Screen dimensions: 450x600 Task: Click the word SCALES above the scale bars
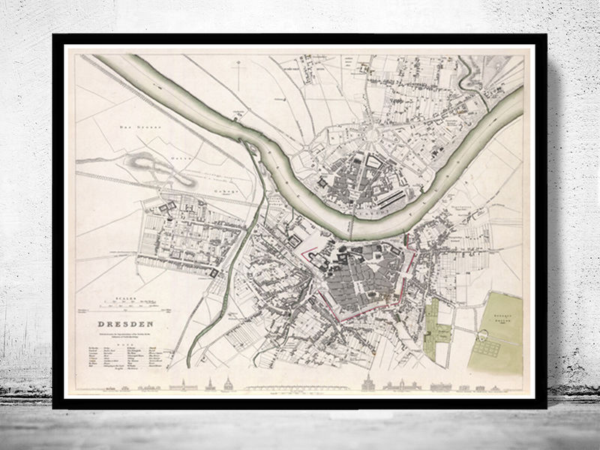pyautogui.click(x=124, y=298)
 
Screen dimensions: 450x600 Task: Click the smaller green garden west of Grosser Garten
pyautogui.click(x=438, y=322)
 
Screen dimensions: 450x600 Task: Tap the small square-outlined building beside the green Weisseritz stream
pyautogui.click(x=217, y=275)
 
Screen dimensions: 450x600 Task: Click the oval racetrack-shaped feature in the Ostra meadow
pyautogui.click(x=154, y=163)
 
